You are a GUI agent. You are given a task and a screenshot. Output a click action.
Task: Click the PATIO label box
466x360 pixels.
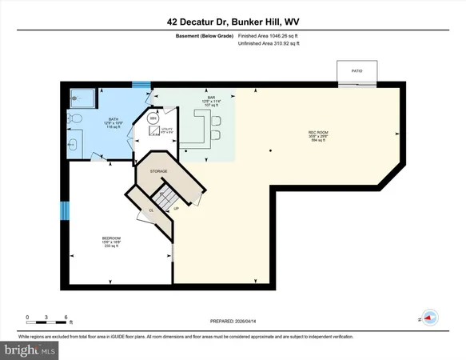click(x=356, y=70)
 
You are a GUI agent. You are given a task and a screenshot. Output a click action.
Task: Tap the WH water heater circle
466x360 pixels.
click(x=153, y=119)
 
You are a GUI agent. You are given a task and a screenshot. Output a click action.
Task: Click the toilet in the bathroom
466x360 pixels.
click(x=74, y=119)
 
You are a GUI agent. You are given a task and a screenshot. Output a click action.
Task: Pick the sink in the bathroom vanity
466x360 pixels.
click(x=73, y=145)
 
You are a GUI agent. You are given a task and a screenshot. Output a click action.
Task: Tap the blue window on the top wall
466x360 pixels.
click(x=141, y=83)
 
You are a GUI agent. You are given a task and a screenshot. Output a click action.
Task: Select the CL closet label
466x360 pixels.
click(x=150, y=210)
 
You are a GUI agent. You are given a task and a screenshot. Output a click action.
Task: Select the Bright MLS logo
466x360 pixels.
click(x=30, y=350)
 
